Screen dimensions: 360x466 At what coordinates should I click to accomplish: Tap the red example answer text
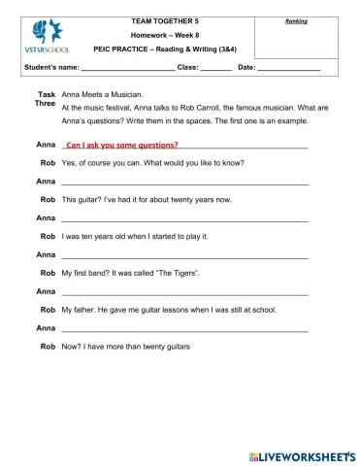(x=122, y=144)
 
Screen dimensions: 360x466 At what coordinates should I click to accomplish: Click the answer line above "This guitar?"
(x=184, y=182)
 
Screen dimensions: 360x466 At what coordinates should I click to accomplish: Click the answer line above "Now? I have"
(x=184, y=329)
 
